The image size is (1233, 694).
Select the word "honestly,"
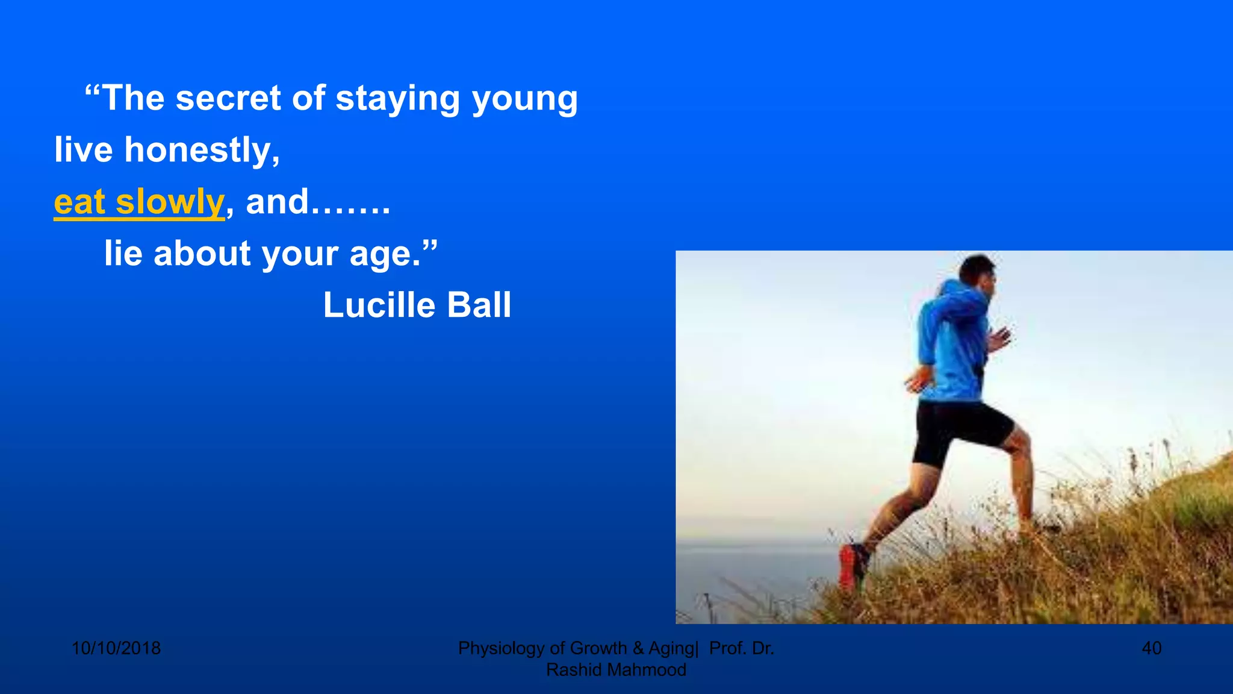coord(202,150)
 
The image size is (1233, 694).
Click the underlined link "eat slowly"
coord(139,202)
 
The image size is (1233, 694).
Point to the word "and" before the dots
coord(277,202)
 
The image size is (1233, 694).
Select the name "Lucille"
coord(379,305)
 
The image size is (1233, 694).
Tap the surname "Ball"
coord(479,305)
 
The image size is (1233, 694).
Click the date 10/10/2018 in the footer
coord(116,648)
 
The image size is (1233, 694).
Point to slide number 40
coord(1151,648)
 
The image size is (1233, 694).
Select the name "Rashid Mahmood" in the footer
coord(616,670)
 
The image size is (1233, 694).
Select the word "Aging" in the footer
coord(671,648)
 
